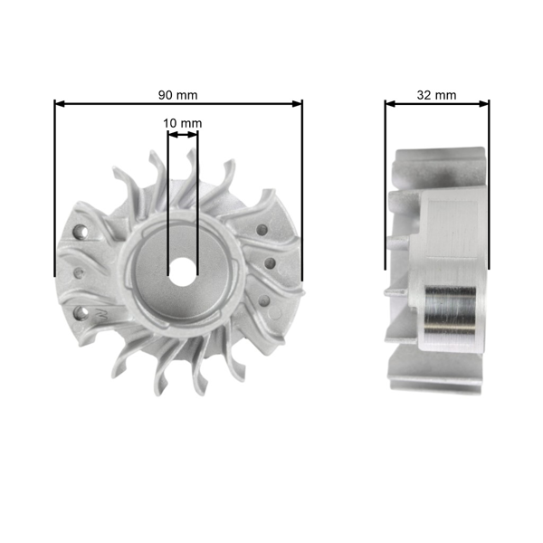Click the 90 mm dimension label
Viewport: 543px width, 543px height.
(178, 94)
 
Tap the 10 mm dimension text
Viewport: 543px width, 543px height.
(183, 123)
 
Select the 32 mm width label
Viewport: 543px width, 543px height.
(437, 94)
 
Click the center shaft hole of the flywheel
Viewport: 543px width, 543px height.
(183, 269)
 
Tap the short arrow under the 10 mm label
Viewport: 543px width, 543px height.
(183, 135)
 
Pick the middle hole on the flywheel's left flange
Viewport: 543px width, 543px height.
(78, 271)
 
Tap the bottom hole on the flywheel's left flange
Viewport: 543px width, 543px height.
(84, 313)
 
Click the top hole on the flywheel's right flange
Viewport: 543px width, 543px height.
(262, 228)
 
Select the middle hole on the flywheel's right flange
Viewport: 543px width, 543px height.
(270, 263)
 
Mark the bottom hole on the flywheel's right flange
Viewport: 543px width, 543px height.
(263, 301)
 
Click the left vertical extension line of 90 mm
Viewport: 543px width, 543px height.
(55, 199)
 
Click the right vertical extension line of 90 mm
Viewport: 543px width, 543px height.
(302, 199)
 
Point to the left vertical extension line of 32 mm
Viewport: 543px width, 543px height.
(386, 199)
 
